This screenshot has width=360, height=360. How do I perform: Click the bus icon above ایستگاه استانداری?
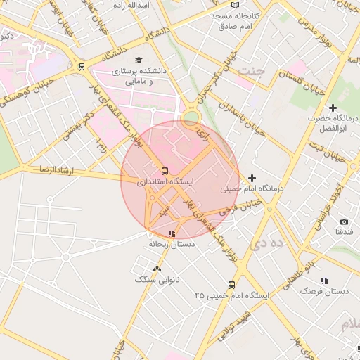click(x=165, y=171)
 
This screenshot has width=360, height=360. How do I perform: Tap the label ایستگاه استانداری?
click(x=166, y=181)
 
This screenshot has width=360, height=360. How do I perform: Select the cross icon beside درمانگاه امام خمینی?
click(x=252, y=178)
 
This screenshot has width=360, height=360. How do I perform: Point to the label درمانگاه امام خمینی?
click(x=251, y=188)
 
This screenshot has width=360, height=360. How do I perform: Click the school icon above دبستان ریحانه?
click(x=171, y=233)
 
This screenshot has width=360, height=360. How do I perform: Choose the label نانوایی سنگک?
click(x=157, y=279)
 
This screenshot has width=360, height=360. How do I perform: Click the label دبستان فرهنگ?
click(x=323, y=290)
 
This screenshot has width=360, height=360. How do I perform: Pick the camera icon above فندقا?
click(x=344, y=222)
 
